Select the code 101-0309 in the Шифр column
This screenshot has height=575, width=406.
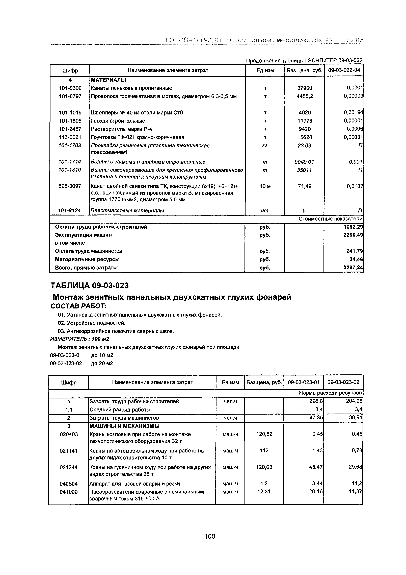click(x=70, y=88)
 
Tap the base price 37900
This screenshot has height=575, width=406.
click(x=305, y=88)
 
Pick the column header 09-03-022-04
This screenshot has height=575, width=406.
click(x=344, y=70)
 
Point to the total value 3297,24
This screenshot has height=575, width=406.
click(x=353, y=268)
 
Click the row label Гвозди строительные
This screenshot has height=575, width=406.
click(x=118, y=121)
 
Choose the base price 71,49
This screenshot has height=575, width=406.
click(x=305, y=186)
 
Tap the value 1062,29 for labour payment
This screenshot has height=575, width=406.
click(x=353, y=227)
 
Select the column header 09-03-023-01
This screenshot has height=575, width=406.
click(x=304, y=382)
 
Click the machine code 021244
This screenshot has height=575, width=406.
click(x=69, y=467)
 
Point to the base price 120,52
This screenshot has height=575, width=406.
click(x=264, y=434)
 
